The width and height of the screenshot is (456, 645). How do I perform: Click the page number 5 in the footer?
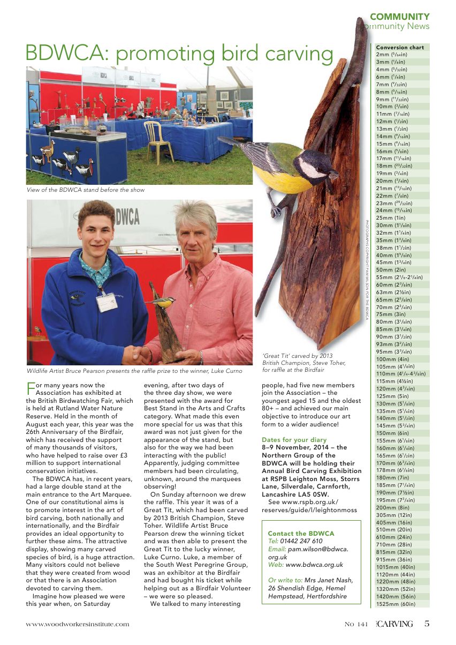point(427,624)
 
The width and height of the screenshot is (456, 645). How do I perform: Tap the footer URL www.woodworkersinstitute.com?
point(78,624)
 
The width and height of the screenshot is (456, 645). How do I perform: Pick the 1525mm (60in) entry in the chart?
point(396,604)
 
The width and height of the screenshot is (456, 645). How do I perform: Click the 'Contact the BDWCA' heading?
point(301,534)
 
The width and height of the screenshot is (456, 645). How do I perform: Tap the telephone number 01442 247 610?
point(302,541)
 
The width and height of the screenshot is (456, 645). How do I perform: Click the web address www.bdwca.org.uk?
point(314,565)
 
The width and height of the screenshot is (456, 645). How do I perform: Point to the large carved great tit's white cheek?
point(312,167)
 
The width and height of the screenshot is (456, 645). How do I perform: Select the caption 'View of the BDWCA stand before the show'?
point(85,190)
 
